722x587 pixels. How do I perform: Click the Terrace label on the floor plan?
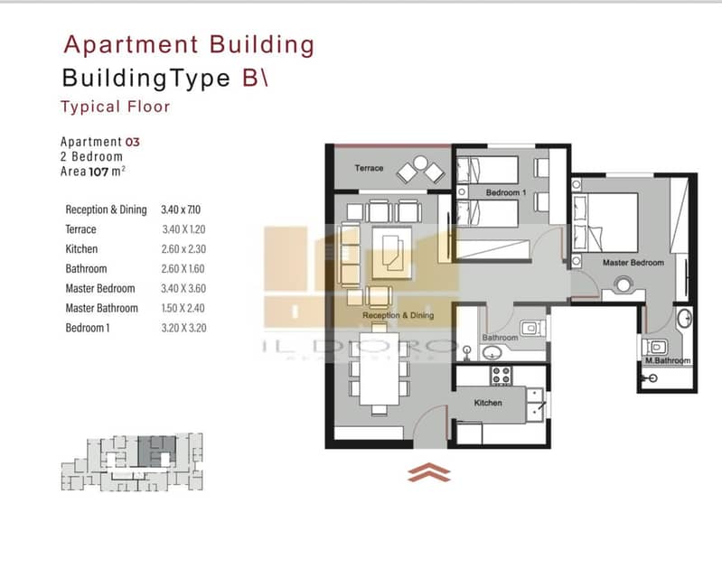click(369, 168)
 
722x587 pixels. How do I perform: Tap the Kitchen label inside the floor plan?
click(488, 403)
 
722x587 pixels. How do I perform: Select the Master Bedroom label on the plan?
click(633, 263)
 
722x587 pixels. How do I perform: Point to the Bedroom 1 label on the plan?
click(506, 192)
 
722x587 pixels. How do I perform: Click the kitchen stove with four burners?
click(501, 375)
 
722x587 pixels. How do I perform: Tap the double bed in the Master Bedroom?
click(605, 222)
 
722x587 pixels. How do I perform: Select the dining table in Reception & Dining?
click(379, 368)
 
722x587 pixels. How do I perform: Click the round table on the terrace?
click(420, 163)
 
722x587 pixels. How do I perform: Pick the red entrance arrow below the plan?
click(428, 472)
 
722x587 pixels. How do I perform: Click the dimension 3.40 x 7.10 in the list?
click(181, 210)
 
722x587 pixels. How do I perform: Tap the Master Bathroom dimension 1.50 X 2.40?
click(183, 308)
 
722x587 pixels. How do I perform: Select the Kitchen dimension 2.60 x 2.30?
click(183, 249)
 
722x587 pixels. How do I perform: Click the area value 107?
click(98, 172)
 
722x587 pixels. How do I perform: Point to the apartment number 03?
click(132, 142)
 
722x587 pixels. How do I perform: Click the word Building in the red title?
click(261, 45)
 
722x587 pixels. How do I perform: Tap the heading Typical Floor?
click(115, 107)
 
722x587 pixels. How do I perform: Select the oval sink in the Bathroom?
click(492, 353)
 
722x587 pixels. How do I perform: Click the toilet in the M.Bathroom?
click(655, 348)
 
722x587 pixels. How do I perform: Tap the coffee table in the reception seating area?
click(392, 253)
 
